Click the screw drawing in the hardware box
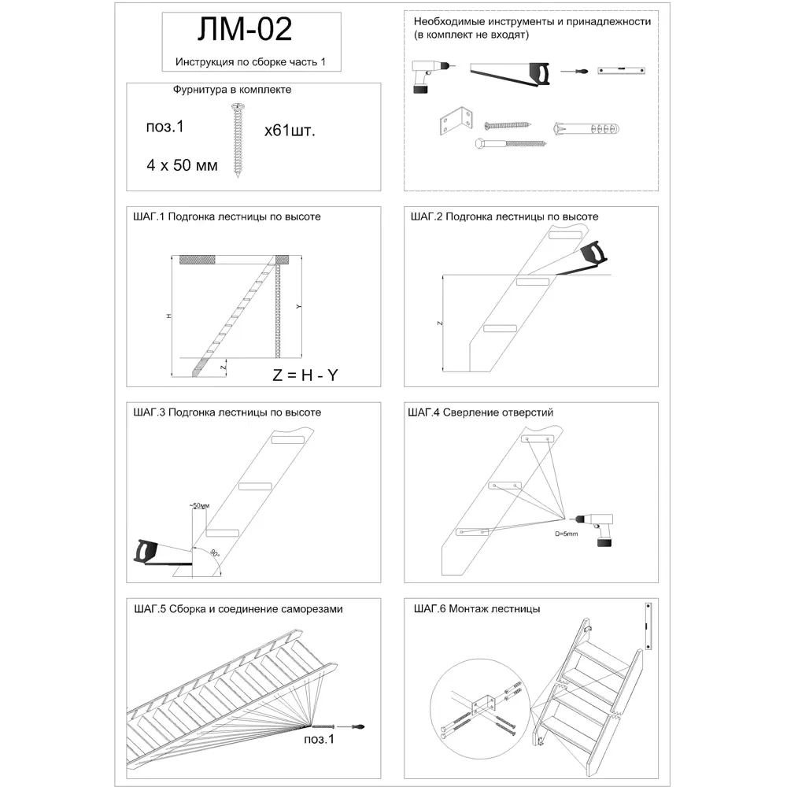pyautogui.click(x=236, y=142)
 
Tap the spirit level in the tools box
pyautogui.click(x=620, y=71)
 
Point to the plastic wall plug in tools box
pyautogui.click(x=587, y=128)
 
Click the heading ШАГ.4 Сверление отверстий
pyautogui.click(x=482, y=412)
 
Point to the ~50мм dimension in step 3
pyautogui.click(x=199, y=504)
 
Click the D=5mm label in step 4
pyautogui.click(x=567, y=534)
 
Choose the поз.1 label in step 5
pyautogui.click(x=319, y=739)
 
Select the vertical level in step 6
pyautogui.click(x=649, y=626)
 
